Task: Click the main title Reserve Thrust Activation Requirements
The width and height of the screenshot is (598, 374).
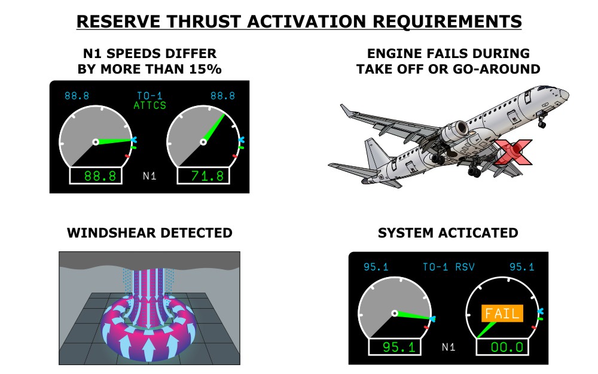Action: (x=299, y=22)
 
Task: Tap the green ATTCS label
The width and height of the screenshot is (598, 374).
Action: (x=150, y=105)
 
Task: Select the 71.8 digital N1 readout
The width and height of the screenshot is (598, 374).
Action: (x=204, y=175)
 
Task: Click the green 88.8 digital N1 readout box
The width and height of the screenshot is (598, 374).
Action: (x=96, y=175)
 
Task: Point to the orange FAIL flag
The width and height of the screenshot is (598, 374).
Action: (x=502, y=314)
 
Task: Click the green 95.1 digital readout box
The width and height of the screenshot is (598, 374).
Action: (x=395, y=347)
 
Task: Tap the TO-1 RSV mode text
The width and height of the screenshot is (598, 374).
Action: (x=448, y=267)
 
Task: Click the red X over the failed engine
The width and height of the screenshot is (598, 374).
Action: (x=513, y=152)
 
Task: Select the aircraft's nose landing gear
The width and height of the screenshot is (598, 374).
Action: (x=541, y=120)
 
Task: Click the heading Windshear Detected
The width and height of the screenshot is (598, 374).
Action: (x=149, y=233)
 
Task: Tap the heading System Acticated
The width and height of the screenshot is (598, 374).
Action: (x=448, y=233)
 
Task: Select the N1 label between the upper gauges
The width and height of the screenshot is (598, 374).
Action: (x=149, y=176)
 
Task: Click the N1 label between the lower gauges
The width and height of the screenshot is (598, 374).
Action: (x=448, y=347)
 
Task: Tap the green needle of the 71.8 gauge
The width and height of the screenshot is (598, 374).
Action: (x=214, y=128)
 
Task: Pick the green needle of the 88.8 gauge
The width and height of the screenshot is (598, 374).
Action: (x=114, y=141)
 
